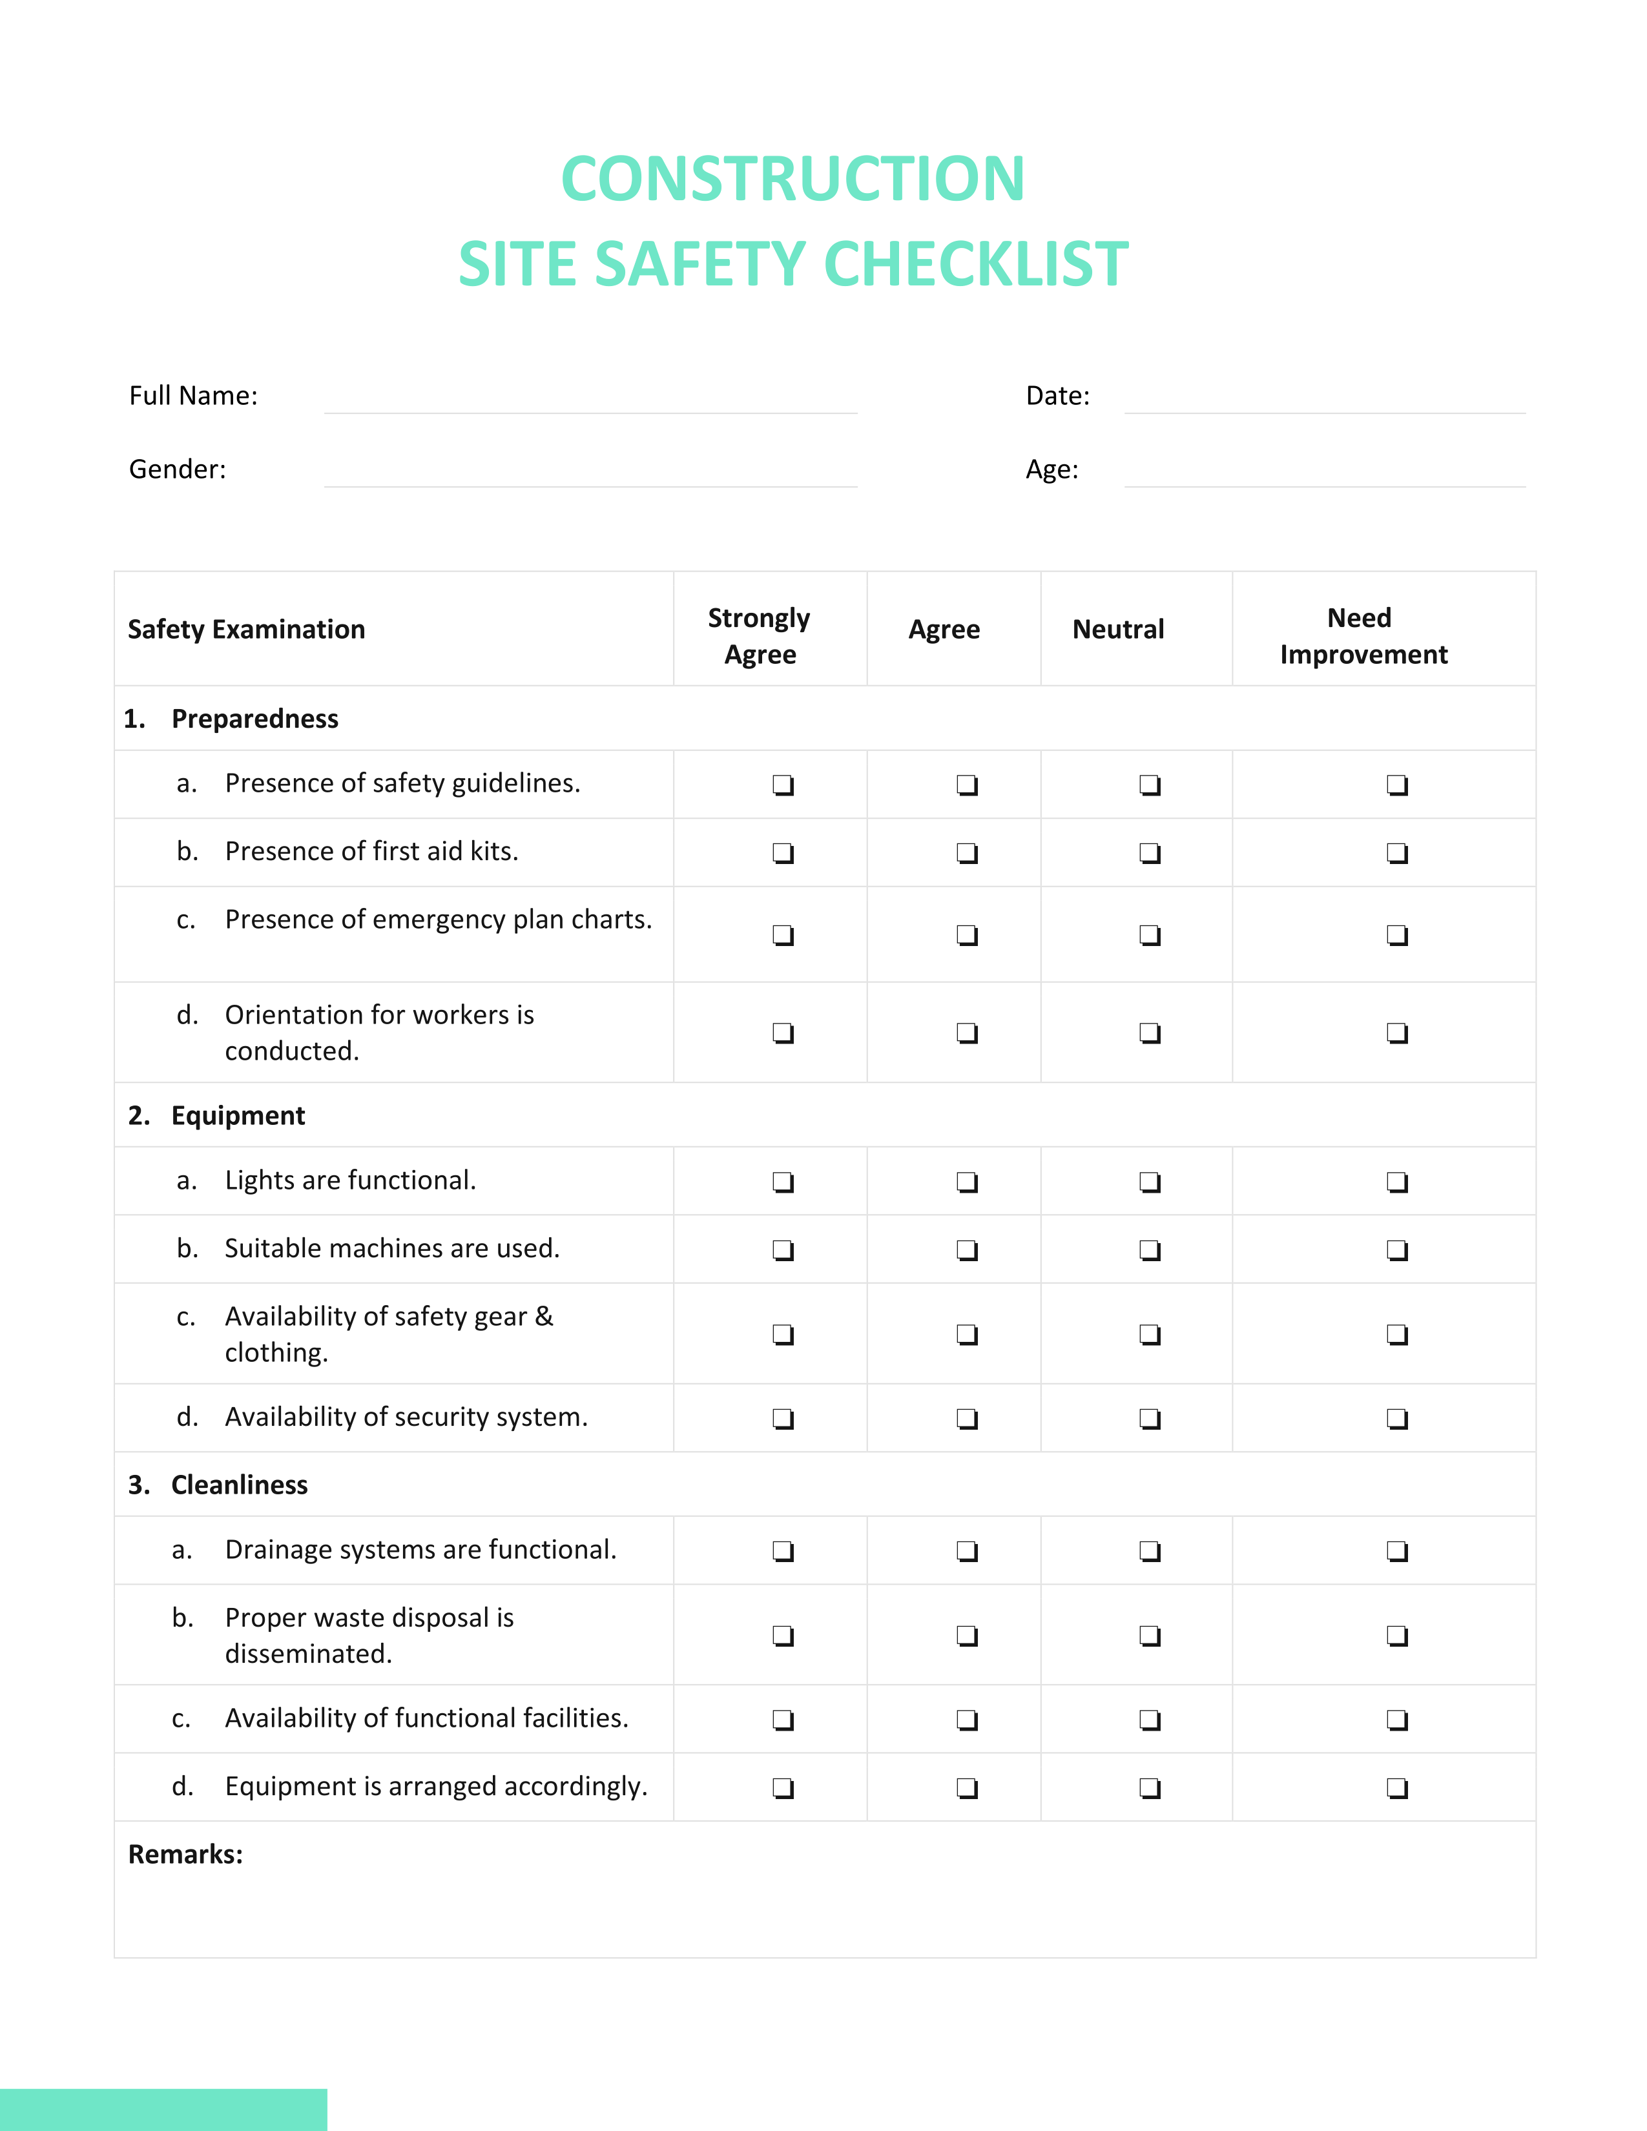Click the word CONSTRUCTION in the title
point(792,180)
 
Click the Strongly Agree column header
point(759,635)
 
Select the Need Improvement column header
point(1362,635)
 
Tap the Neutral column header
point(1117,630)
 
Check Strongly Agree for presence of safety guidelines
point(783,785)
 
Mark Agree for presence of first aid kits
point(966,853)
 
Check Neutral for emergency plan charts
point(1150,935)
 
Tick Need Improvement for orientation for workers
point(1396,1033)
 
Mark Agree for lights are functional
point(966,1182)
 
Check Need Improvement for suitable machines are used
point(1396,1250)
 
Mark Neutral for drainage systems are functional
point(1150,1550)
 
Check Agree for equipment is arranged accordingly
point(966,1787)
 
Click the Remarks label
point(185,1854)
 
